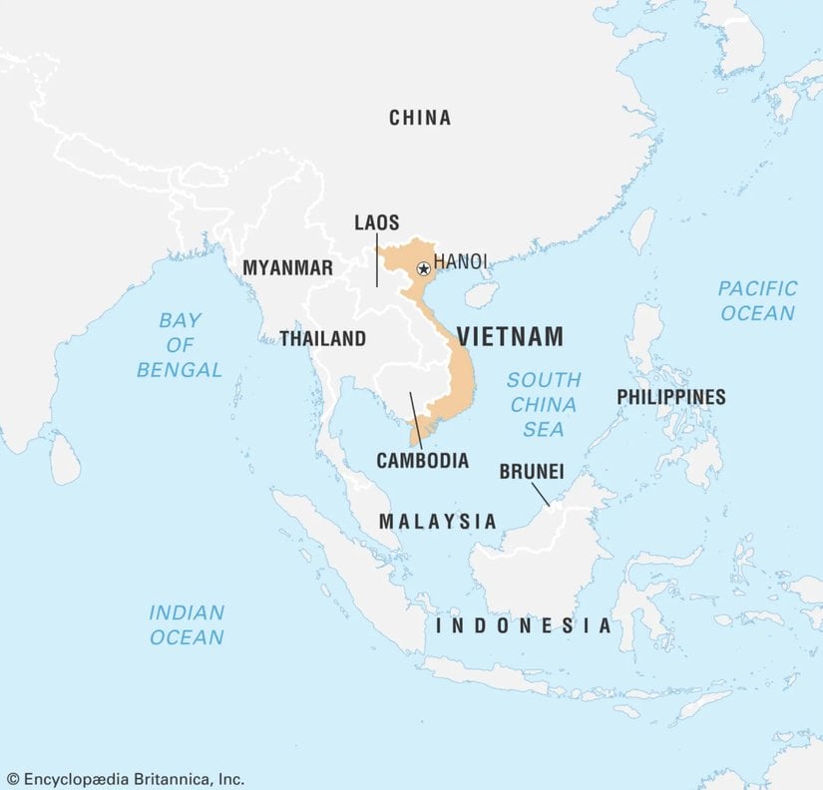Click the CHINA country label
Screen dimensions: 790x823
tap(420, 118)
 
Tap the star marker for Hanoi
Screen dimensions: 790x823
tap(423, 268)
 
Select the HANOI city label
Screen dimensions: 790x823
tap(461, 261)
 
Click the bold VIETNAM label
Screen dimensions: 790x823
tap(510, 336)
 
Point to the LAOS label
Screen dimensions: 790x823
tap(377, 222)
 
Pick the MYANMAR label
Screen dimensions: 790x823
tap(287, 268)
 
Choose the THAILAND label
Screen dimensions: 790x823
tap(322, 339)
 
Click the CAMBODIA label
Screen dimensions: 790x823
tap(422, 461)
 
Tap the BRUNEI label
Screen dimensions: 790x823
tap(532, 470)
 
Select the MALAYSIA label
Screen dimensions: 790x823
tap(437, 521)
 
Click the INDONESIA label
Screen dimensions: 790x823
tap(524, 626)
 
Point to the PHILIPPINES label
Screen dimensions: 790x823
tap(670, 397)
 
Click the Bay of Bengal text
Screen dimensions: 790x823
tap(180, 345)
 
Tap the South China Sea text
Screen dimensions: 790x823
tap(544, 404)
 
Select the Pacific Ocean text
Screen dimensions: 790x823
tap(757, 300)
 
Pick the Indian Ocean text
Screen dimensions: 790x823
tap(188, 624)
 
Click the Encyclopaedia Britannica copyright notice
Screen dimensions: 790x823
tap(125, 778)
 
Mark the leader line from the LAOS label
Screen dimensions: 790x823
tap(377, 260)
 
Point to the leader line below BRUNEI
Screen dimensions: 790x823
tap(540, 494)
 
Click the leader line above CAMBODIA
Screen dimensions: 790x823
tap(415, 419)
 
